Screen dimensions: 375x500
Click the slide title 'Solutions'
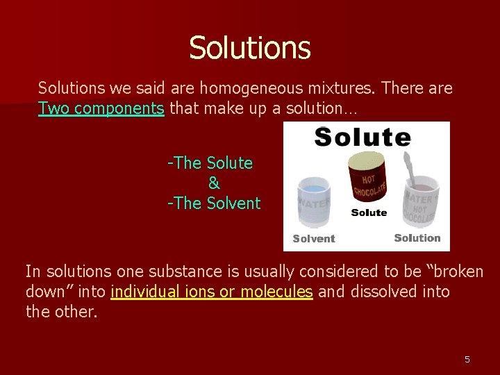tap(249, 48)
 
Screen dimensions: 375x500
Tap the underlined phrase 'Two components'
tap(101, 108)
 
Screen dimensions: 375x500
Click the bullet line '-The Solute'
tap(210, 163)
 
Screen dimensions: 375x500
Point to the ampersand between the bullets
tap(214, 183)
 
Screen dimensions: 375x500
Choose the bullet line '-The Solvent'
tap(214, 203)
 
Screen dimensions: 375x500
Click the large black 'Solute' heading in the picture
tap(362, 137)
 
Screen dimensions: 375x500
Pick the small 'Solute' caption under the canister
tap(369, 212)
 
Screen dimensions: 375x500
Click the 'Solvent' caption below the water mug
tap(314, 239)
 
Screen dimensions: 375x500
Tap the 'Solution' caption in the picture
tap(417, 237)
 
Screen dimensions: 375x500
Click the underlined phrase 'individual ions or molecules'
tap(211, 292)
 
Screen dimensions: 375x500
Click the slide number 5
tap(467, 359)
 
